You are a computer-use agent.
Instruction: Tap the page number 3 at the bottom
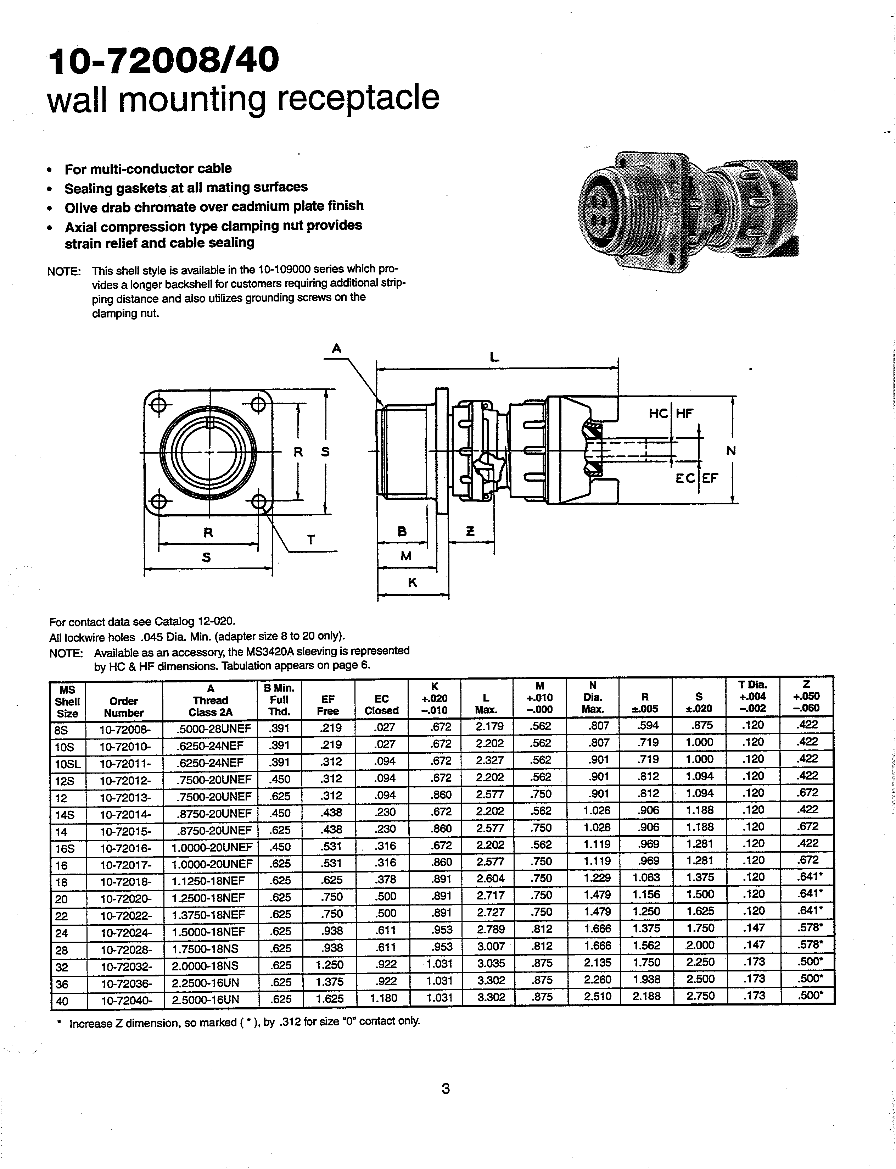pos(446,1088)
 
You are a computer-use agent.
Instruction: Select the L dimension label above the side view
pos(495,358)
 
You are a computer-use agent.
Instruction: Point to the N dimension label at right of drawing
pos(731,451)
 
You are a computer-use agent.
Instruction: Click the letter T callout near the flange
pos(311,540)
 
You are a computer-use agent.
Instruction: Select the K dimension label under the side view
pos(412,583)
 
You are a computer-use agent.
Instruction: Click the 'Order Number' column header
pos(124,707)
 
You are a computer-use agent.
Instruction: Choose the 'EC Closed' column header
pos(381,704)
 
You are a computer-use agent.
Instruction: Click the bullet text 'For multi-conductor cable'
pos(148,169)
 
